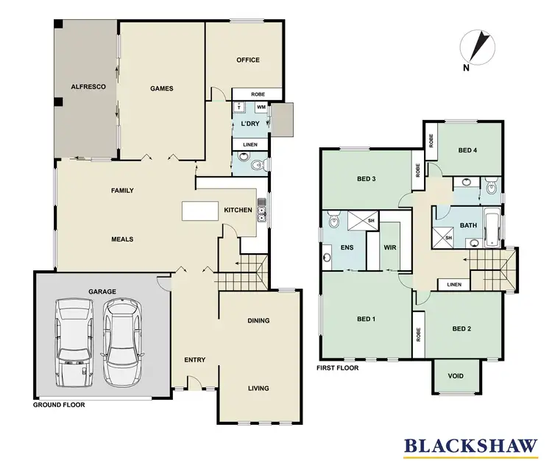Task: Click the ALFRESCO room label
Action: click(x=88, y=87)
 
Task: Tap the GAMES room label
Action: click(x=161, y=88)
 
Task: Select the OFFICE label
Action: click(x=247, y=60)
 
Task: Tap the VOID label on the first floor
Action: click(x=456, y=376)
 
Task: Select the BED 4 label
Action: click(x=467, y=150)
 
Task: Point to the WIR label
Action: click(x=389, y=248)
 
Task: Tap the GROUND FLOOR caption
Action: click(x=59, y=405)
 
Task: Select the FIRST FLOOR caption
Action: click(x=337, y=367)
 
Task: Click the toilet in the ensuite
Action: click(x=333, y=219)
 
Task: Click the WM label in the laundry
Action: click(x=261, y=107)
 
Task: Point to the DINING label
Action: click(x=258, y=320)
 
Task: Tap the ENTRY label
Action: click(x=194, y=360)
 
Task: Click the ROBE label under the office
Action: click(x=258, y=94)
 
